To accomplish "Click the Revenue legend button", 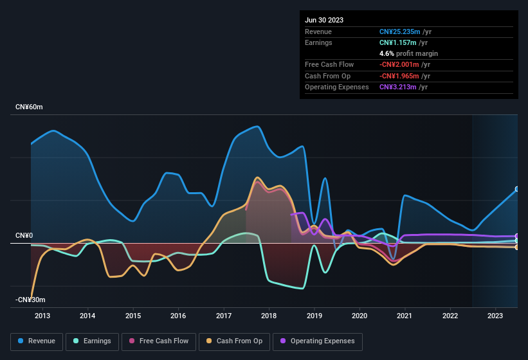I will coord(37,341).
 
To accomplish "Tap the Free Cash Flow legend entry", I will coord(159,341).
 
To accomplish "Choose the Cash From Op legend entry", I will coord(233,341).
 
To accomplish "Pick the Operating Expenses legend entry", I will coord(317,341).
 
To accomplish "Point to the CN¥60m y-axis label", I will coord(29,107).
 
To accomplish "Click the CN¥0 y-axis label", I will coord(24,236).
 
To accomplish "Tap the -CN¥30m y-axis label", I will coord(30,300).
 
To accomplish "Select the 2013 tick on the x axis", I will coord(42,316).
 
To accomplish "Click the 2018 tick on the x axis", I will coord(269,316).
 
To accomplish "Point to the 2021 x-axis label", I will coord(405,316).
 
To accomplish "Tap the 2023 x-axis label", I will coord(495,316).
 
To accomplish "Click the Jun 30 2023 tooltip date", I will coord(324,20).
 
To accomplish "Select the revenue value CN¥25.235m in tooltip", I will coord(400,32).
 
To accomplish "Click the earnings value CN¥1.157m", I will coord(399,42).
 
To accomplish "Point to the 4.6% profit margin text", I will coord(408,53).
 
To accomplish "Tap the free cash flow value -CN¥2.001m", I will coord(400,64).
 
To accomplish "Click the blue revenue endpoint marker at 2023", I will coord(517,189).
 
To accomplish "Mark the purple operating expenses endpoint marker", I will coord(517,236).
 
